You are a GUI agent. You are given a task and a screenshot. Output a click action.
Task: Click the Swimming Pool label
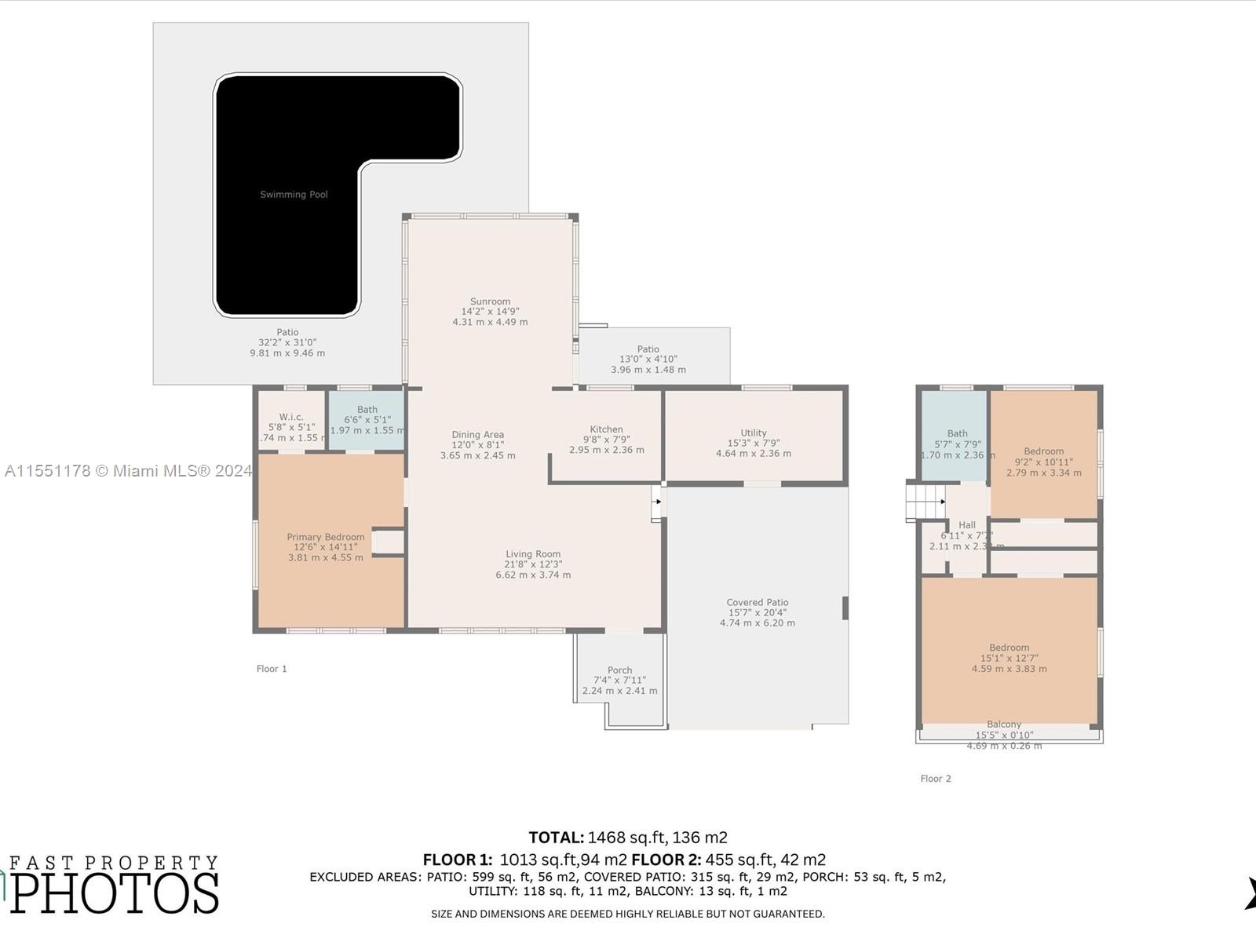[x=294, y=195]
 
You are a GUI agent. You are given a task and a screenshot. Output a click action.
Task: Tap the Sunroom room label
[x=490, y=301]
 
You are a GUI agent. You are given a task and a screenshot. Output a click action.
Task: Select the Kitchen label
[x=606, y=429]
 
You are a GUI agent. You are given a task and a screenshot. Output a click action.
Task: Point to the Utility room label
[x=753, y=433]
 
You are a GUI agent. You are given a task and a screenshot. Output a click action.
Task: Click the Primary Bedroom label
[x=325, y=537]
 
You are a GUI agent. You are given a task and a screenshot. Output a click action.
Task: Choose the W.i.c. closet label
[x=290, y=417]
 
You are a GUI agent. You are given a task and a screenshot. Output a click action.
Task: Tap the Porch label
[x=619, y=670]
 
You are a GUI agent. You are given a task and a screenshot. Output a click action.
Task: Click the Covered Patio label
[x=757, y=602]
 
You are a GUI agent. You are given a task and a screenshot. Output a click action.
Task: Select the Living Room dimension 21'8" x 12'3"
[x=533, y=564]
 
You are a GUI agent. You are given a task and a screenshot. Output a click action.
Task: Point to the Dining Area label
[x=477, y=435]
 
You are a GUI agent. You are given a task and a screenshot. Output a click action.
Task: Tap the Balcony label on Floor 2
[x=1004, y=725]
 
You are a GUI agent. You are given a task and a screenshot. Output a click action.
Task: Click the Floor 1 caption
[x=272, y=669]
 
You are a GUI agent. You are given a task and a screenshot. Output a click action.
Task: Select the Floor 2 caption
[x=935, y=779]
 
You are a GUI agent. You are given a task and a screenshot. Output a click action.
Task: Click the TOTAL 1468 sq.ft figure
[x=628, y=838]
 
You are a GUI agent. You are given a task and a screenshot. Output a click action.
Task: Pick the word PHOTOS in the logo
[x=115, y=893]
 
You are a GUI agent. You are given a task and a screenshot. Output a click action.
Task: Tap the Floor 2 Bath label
[x=957, y=433]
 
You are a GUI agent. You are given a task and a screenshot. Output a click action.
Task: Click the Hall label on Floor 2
[x=966, y=525]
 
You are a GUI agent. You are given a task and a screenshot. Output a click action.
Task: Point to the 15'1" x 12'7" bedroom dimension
[x=1009, y=659]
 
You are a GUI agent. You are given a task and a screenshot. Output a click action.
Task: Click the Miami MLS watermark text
[x=128, y=471]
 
